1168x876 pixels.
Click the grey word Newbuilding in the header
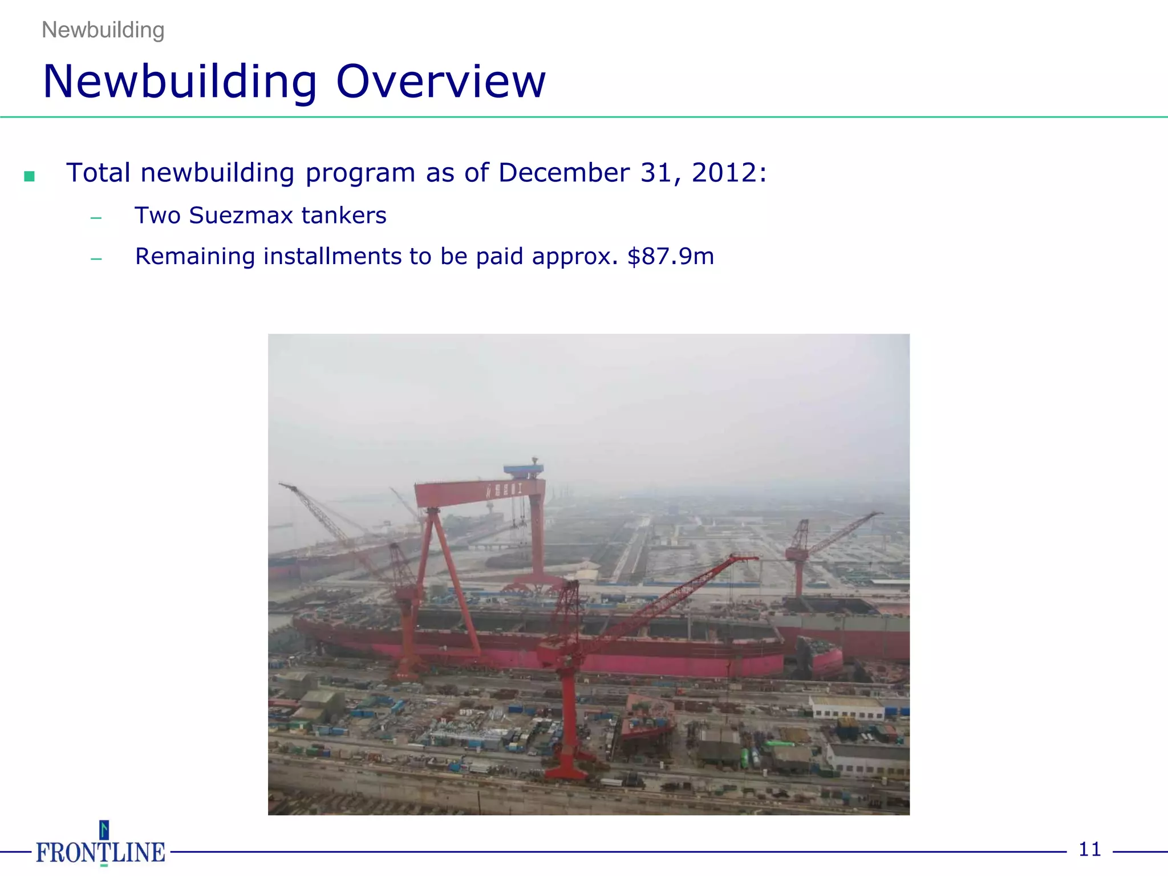click(x=103, y=30)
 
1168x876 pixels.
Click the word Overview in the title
click(x=441, y=82)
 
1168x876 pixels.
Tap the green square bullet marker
click(x=30, y=176)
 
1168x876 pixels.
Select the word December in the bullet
click(x=563, y=173)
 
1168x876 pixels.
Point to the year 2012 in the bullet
click(x=725, y=173)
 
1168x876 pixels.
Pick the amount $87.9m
click(x=671, y=257)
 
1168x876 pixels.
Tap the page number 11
click(x=1089, y=850)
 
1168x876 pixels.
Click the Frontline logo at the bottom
click(x=101, y=847)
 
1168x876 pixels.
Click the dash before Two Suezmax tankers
click(x=96, y=218)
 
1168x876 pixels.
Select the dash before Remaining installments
click(x=96, y=259)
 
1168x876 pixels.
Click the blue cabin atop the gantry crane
click(x=524, y=470)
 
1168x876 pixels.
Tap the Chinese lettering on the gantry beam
click(x=504, y=490)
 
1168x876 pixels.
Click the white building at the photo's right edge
click(x=847, y=708)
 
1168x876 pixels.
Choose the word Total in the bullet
click(x=98, y=173)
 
